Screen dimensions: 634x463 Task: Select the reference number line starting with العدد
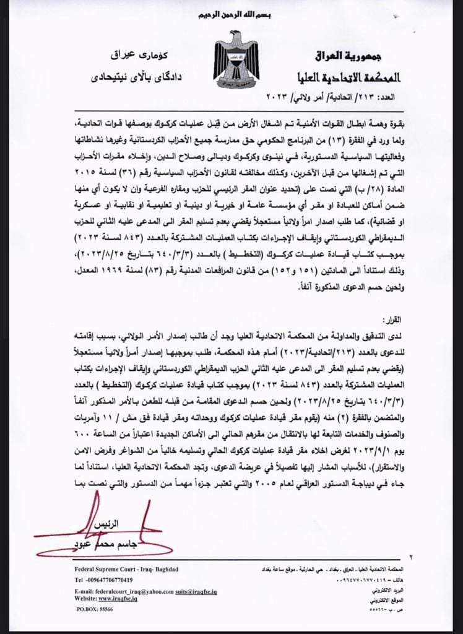coord(334,97)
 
